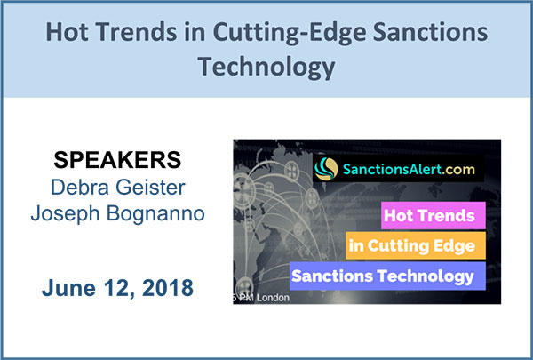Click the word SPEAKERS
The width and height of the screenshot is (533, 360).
[x=117, y=160]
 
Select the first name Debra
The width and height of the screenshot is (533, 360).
[x=80, y=188]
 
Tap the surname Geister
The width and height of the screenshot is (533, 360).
[x=150, y=188]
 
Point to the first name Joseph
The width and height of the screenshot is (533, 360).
[x=65, y=214]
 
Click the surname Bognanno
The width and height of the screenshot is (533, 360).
[x=155, y=213]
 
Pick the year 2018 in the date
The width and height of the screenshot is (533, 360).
[x=168, y=288]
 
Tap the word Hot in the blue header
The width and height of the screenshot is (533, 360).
[x=68, y=32]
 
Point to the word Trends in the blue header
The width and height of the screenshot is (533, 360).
[x=136, y=32]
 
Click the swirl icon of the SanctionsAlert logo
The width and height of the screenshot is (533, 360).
[x=326, y=169]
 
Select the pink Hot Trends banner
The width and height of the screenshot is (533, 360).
[x=434, y=215]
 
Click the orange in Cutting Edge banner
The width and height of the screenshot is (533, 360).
[x=416, y=245]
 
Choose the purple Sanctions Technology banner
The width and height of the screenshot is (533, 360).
[x=387, y=276]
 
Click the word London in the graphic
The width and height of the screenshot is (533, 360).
[x=273, y=298]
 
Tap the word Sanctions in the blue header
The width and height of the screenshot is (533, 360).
[x=430, y=32]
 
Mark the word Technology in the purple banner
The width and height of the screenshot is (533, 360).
[x=425, y=276]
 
